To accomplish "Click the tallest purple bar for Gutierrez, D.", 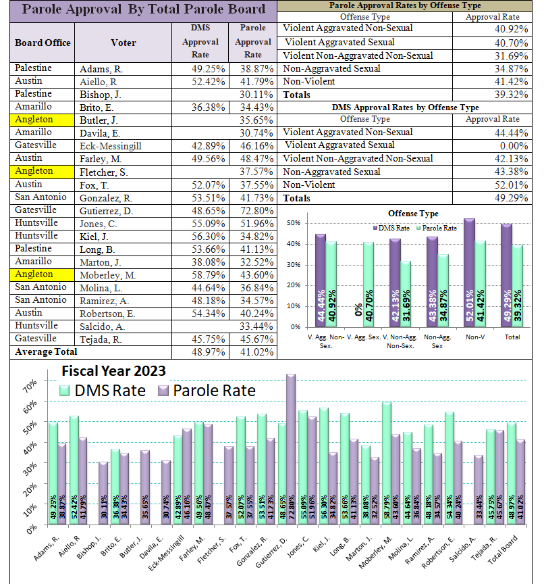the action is (x=291, y=449).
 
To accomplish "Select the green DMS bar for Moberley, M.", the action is (x=386, y=463).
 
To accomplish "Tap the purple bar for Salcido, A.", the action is (x=479, y=490).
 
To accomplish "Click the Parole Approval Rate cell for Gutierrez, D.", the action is (x=253, y=211).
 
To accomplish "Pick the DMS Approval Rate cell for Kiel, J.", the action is (x=200, y=237).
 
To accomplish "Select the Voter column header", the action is (x=123, y=43).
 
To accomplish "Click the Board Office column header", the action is (x=43, y=43).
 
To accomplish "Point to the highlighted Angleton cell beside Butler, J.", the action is (x=42, y=120).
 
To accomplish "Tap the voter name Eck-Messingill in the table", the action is (x=111, y=146).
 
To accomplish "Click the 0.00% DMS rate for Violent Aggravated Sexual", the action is (x=514, y=146).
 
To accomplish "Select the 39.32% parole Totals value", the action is (x=511, y=95).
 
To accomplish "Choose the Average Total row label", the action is (x=46, y=352).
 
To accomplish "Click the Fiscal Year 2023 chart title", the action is (x=113, y=371).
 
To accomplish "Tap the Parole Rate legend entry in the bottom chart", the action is (x=207, y=391).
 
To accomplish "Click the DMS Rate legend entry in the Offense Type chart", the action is (x=391, y=228).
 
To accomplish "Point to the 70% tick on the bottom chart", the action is (x=30, y=386).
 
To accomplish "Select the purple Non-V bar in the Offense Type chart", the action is (x=469, y=273).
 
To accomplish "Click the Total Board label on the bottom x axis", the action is (x=502, y=550).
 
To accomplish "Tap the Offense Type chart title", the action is (x=413, y=214).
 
